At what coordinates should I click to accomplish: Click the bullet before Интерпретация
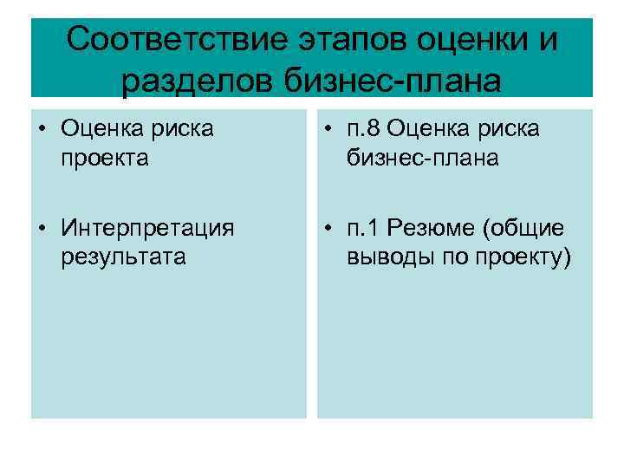tap(42, 230)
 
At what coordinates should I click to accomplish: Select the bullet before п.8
tap(329, 131)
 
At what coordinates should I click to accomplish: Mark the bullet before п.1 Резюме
tap(329, 230)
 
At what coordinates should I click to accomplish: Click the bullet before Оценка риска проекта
tap(42, 131)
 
